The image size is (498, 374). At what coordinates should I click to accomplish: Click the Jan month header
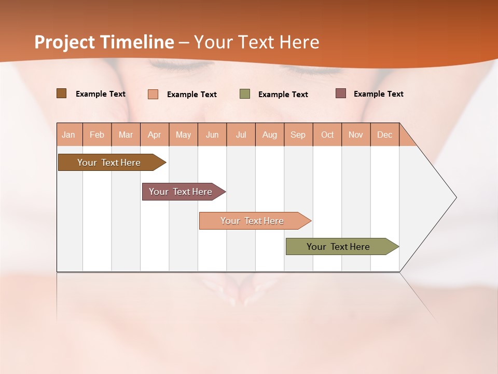[x=69, y=135]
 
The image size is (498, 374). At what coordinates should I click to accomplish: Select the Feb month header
[x=97, y=135]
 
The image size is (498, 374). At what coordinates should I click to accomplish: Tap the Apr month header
[x=155, y=135]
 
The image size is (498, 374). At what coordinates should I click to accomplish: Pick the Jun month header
[x=212, y=135]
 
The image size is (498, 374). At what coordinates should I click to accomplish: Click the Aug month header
[x=270, y=135]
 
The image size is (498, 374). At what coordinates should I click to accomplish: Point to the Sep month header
[x=298, y=135]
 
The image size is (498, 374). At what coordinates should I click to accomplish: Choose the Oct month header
[x=327, y=135]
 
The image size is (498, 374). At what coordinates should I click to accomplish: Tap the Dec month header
[x=385, y=135]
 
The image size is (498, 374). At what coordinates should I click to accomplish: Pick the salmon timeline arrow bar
[x=253, y=221]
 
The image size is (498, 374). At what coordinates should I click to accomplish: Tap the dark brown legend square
[x=61, y=94]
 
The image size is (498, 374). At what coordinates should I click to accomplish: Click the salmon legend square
[x=153, y=94]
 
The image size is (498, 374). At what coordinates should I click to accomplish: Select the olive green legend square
[x=245, y=94]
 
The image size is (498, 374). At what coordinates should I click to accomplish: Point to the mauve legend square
[x=341, y=94]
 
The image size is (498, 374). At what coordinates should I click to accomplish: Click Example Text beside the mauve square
[x=378, y=94]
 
